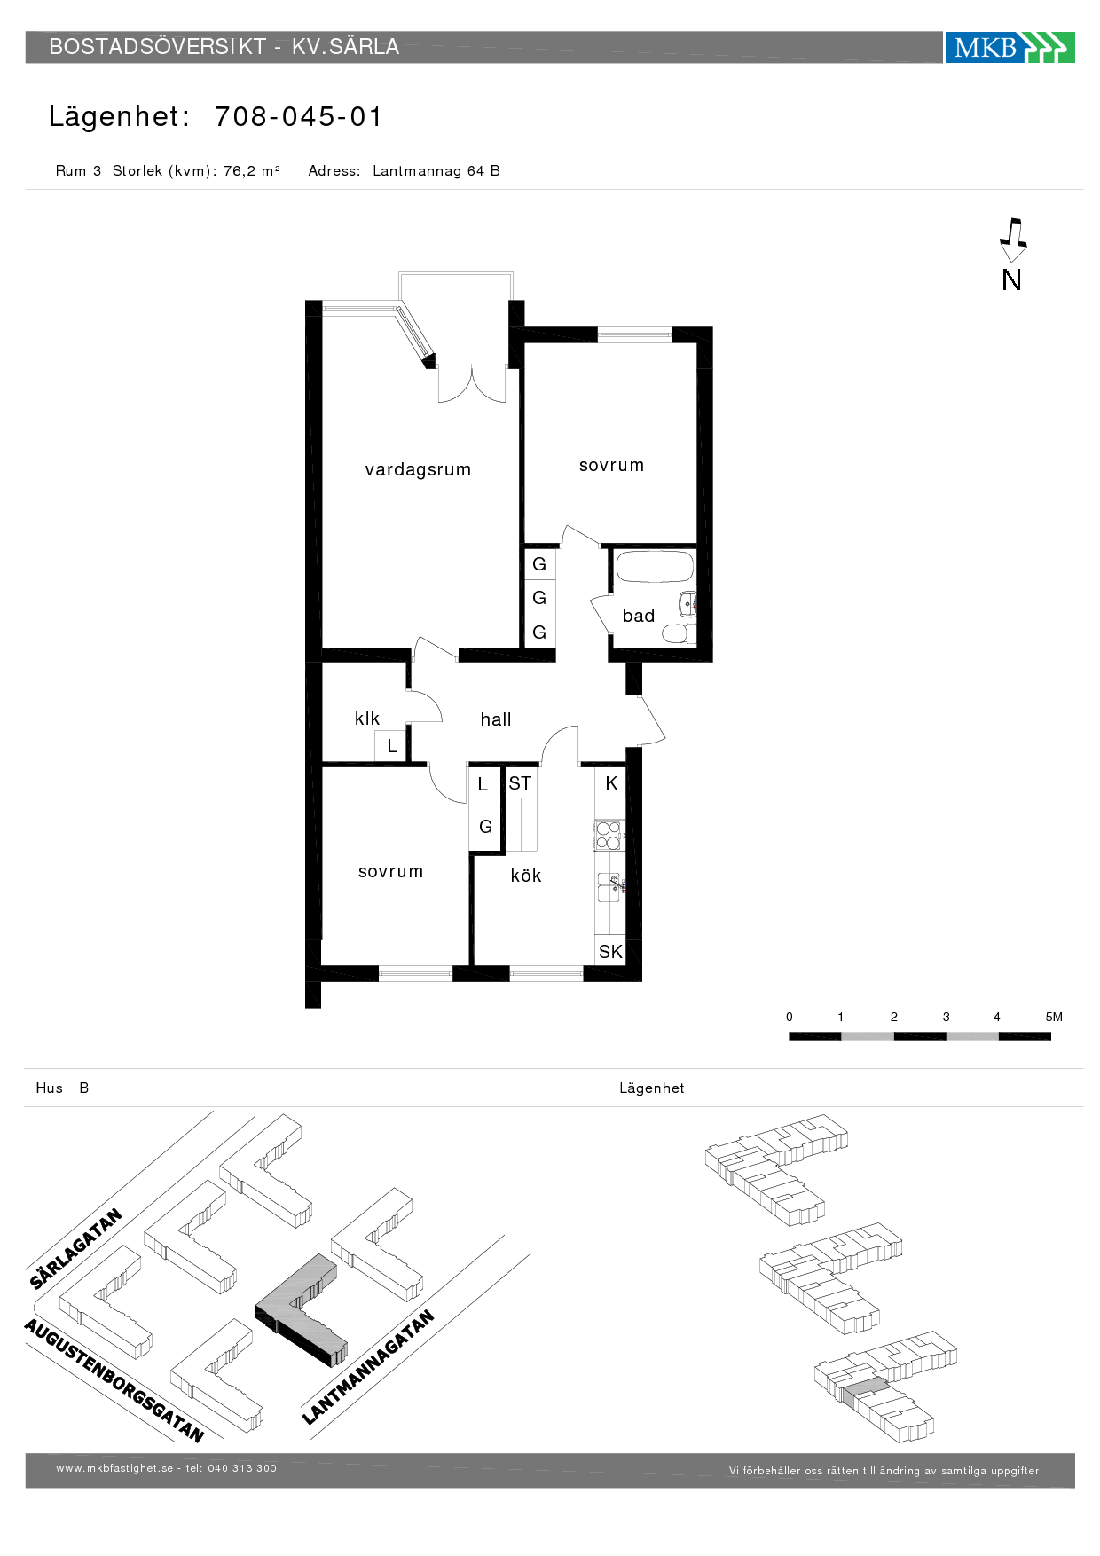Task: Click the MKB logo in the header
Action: coord(1010,47)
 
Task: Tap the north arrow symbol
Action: coord(1012,240)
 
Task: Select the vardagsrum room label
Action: coord(418,470)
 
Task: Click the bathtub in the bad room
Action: coord(655,567)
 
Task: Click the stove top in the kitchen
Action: coord(609,836)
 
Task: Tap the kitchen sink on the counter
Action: coord(610,886)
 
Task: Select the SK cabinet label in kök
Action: coord(610,952)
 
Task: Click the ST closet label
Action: coord(520,783)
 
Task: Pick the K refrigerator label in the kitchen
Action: coord(611,783)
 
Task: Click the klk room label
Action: coord(367,719)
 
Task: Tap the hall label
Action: coord(496,719)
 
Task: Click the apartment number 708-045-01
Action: coord(298,116)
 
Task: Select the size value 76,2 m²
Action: coord(252,170)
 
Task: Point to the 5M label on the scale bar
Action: coord(1054,1017)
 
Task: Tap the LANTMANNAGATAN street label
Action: coord(368,1367)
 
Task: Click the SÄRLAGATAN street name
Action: coord(75,1248)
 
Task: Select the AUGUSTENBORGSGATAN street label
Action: coord(114,1379)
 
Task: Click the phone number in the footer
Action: coord(242,1468)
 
